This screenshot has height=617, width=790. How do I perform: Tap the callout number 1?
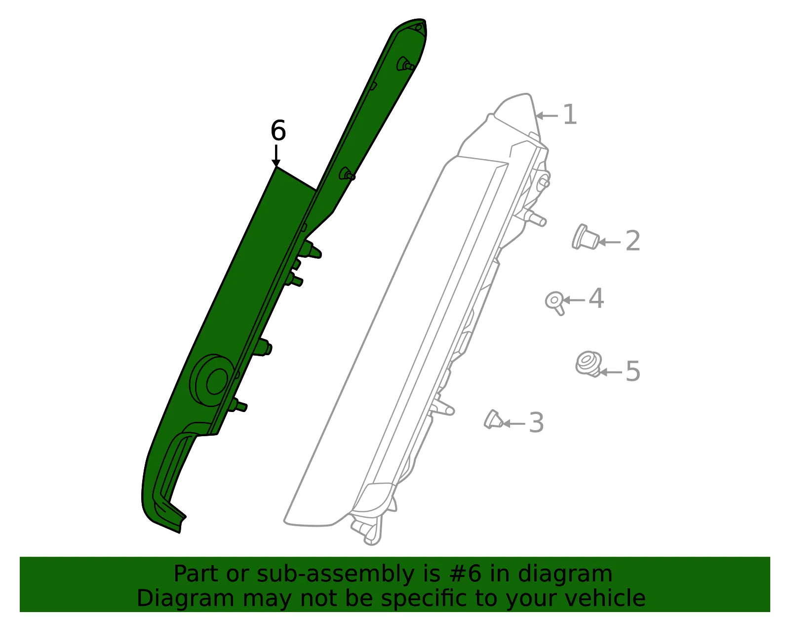570,114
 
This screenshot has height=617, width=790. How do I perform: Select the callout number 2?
632,240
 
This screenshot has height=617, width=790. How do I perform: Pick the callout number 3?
536,422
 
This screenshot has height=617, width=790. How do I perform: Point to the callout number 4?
596,298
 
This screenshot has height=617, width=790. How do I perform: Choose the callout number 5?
632,371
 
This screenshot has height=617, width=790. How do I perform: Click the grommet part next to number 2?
585,237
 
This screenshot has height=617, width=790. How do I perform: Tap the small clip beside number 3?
493,420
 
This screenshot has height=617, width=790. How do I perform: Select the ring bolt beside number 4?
555,303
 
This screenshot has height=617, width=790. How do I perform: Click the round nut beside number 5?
588,364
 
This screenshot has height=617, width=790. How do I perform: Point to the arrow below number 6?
276,156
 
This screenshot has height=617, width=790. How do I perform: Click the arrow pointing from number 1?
547,116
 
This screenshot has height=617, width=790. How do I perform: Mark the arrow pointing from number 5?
611,372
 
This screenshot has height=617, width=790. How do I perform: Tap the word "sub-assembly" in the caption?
335,574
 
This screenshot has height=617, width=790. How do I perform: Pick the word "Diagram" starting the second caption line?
186,599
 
